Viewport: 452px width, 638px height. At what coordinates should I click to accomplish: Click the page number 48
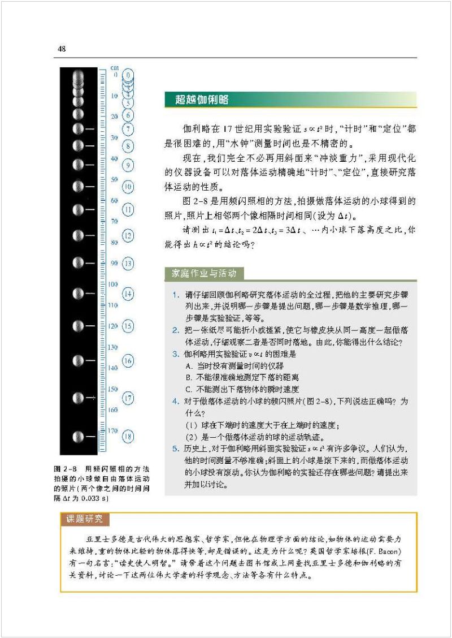point(62,49)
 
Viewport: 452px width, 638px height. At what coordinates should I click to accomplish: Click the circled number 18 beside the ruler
point(128,436)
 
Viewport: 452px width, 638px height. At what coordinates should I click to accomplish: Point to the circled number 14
point(128,294)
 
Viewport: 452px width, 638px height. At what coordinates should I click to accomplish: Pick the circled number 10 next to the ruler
point(128,186)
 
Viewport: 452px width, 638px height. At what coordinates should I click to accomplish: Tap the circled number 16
point(128,361)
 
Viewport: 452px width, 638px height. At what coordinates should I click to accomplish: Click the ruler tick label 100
point(112,284)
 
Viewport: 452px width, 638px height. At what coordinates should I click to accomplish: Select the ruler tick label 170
point(112,430)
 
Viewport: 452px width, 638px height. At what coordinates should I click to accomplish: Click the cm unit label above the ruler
point(115,67)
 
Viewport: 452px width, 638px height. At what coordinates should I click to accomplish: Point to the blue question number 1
point(176,295)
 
